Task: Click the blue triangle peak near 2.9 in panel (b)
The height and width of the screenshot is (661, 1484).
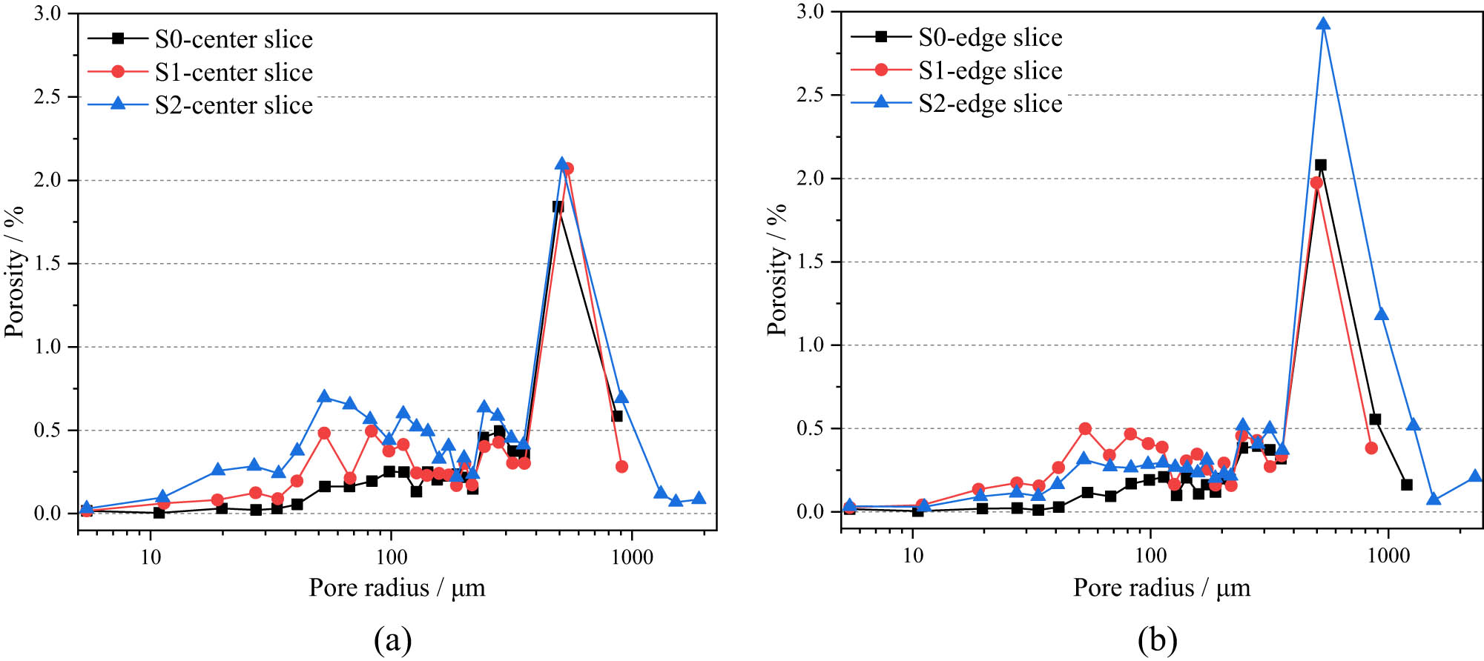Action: coord(1323,24)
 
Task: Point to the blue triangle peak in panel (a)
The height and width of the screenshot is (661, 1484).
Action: coord(561,163)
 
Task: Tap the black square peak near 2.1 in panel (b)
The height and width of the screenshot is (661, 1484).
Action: coord(1321,165)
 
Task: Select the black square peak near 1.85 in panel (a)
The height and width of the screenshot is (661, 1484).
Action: coord(558,207)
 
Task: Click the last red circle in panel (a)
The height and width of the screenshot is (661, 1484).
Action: coord(621,467)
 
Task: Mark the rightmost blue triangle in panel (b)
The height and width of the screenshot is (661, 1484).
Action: coord(1474,476)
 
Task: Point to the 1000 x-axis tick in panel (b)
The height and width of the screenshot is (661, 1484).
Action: coord(1388,556)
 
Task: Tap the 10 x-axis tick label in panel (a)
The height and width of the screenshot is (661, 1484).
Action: coord(151,557)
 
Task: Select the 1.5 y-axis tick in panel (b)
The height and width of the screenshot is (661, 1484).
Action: coord(811,262)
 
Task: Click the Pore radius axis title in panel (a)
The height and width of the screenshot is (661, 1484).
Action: coord(397,588)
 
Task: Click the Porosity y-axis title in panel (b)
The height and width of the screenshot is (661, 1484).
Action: coord(776,270)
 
